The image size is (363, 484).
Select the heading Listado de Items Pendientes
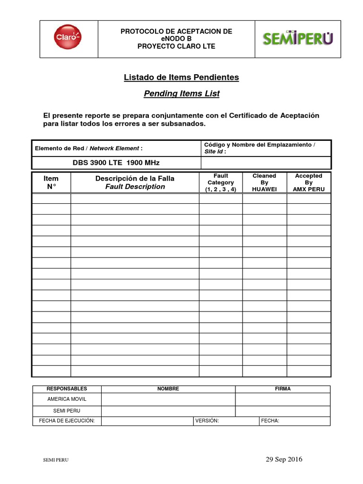click(181, 77)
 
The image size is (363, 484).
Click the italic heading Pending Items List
click(181, 94)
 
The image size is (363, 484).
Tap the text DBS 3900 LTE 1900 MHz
click(116, 163)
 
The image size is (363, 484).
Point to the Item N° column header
click(51, 182)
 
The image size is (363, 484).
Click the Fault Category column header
click(220, 182)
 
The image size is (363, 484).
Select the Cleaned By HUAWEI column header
click(264, 182)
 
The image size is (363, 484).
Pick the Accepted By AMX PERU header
click(308, 182)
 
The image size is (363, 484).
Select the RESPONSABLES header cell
click(67, 389)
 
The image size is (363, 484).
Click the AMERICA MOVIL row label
click(67, 399)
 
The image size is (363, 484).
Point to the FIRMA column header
click(283, 389)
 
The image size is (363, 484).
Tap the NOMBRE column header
click(168, 389)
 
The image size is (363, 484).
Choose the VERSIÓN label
click(207, 421)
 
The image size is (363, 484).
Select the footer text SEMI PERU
click(56, 460)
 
